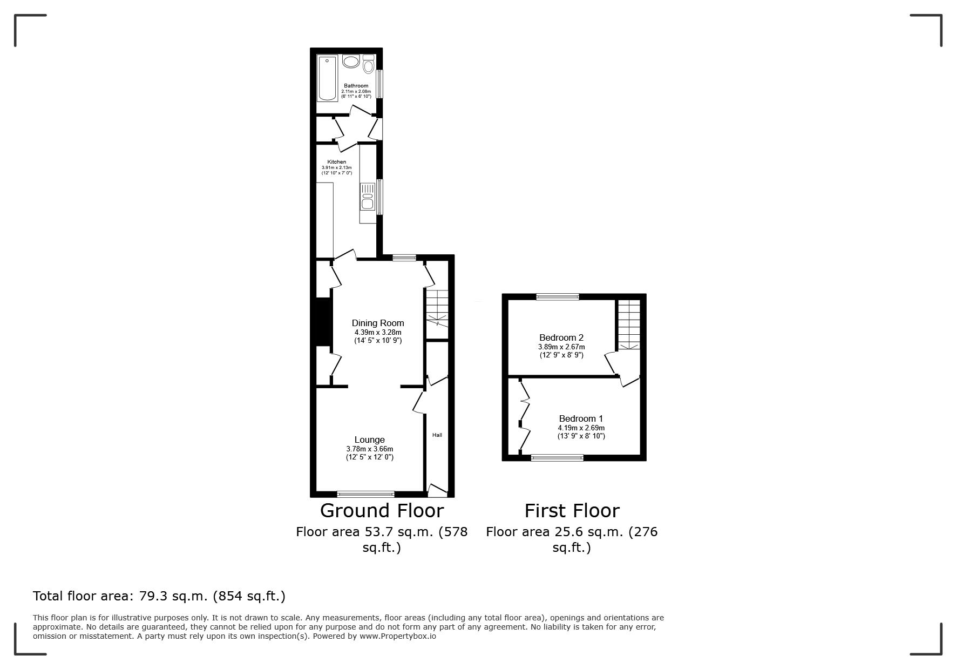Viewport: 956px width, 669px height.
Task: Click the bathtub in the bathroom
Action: [x=327, y=78]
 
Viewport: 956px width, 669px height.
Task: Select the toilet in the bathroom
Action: [x=369, y=64]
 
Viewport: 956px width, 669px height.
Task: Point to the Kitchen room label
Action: [x=337, y=162]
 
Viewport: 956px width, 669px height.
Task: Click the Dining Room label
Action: [x=378, y=323]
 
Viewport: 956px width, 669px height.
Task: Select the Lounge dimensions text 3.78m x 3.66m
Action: [x=370, y=449]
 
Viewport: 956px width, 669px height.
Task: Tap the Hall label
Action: [x=437, y=435]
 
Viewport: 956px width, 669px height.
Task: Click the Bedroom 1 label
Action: [x=581, y=418]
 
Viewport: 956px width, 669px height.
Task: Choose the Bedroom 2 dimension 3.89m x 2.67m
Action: [x=561, y=347]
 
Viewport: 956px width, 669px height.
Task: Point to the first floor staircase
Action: [x=629, y=325]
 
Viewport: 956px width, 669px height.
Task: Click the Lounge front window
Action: [x=366, y=494]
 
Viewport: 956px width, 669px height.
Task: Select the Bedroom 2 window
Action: [x=558, y=296]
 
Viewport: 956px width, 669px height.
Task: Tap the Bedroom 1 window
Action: [x=558, y=458]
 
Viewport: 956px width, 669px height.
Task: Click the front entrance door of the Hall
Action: [x=438, y=490]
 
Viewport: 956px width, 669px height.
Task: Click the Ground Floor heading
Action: [x=382, y=510]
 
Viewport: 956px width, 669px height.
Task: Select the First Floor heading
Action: [x=572, y=510]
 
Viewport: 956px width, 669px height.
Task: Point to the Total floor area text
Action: [x=159, y=596]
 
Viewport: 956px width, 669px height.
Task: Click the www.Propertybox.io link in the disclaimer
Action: [x=398, y=636]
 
